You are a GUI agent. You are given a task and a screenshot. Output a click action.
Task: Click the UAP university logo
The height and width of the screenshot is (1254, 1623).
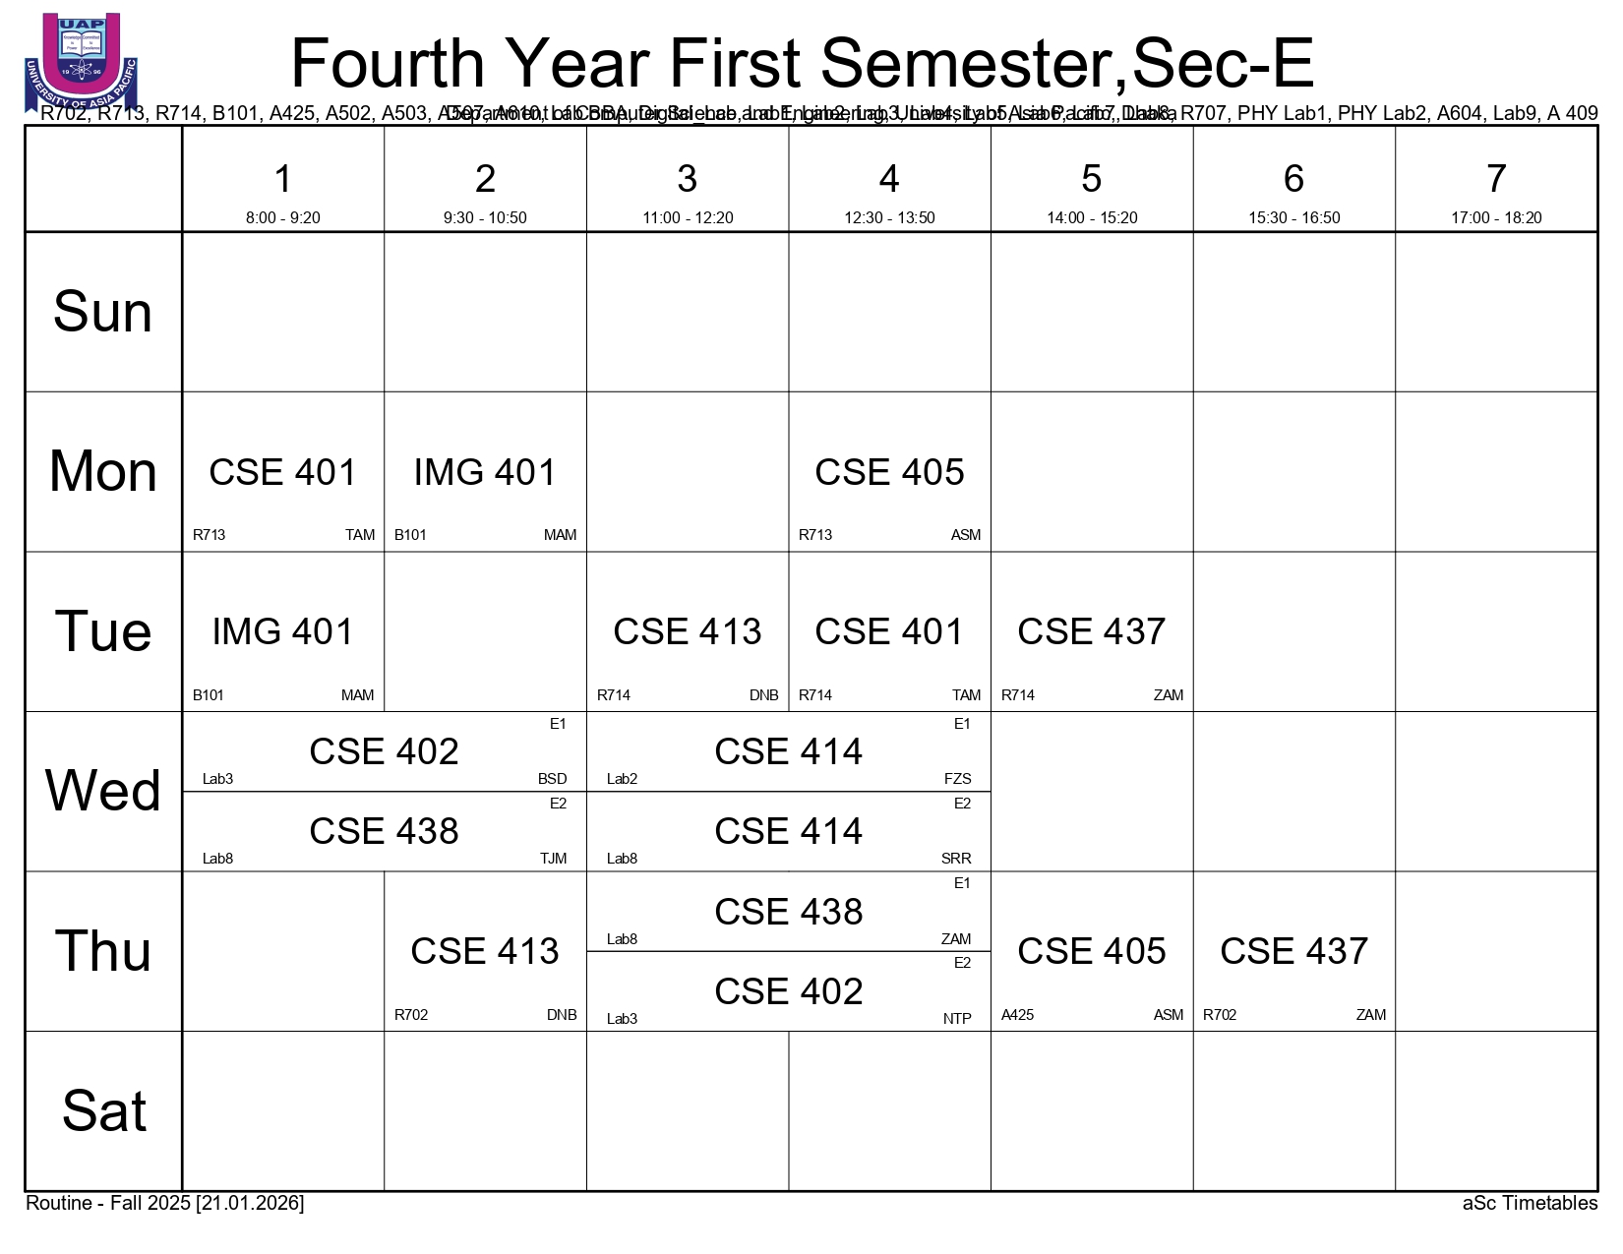point(82,61)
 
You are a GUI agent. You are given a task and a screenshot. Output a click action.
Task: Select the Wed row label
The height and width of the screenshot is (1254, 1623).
point(103,791)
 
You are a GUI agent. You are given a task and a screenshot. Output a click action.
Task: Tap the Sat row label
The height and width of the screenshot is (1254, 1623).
point(103,1111)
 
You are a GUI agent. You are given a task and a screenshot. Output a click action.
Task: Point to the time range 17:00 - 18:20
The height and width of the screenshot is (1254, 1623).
point(1495,217)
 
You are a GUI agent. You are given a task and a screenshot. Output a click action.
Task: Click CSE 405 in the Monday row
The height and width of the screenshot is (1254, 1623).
point(889,472)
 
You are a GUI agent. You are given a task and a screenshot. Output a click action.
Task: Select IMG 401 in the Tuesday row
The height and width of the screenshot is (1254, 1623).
point(282,631)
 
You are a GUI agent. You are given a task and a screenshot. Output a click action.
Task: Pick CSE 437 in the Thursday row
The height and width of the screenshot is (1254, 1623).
point(1293,951)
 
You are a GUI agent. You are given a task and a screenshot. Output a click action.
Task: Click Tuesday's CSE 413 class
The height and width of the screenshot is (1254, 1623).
point(687,631)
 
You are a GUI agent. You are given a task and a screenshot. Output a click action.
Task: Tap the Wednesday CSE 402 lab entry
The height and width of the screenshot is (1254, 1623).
point(384,751)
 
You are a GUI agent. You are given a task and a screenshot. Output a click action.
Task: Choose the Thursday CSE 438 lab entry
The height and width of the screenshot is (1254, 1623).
point(788,912)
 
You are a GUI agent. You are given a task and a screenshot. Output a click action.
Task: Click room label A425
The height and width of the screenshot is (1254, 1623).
point(1017,1015)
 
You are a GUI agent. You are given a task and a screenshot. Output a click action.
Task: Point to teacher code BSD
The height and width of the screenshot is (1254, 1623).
point(552,779)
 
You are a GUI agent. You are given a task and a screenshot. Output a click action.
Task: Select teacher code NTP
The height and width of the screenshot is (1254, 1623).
point(956,1019)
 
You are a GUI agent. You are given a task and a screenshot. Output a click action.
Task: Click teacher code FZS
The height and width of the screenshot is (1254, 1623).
point(957,779)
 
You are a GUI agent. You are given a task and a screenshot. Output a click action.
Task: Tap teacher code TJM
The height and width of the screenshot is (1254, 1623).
point(553,859)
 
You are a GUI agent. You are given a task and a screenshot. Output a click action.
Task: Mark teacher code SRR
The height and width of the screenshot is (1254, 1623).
point(955,859)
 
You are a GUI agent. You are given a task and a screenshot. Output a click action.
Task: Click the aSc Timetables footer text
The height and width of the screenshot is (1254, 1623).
point(1530,1204)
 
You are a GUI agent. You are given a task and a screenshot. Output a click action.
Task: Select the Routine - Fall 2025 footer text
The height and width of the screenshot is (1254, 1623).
point(164,1204)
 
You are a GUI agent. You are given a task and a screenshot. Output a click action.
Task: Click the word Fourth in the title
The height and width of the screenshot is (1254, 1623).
point(389,64)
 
